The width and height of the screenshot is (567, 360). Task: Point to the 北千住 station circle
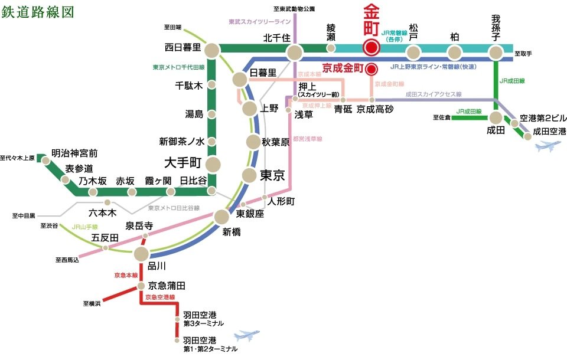click(x=295, y=53)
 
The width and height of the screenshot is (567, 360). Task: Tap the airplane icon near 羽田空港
click(x=247, y=336)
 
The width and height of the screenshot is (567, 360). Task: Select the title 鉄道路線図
click(x=34, y=11)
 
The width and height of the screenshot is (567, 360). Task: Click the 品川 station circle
click(x=141, y=254)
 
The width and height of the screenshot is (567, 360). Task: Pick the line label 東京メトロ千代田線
click(x=178, y=67)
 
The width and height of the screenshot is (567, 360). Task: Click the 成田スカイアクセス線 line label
click(x=434, y=94)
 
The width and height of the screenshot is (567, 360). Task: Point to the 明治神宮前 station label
click(x=74, y=153)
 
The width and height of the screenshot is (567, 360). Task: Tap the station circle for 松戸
click(x=413, y=53)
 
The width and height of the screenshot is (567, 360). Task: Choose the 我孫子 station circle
click(x=496, y=53)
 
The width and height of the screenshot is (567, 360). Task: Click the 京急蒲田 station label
click(x=167, y=286)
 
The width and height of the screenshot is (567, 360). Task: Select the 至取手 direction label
click(x=523, y=54)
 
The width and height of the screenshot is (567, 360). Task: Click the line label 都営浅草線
click(x=308, y=139)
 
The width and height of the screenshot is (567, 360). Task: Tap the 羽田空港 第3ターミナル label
click(x=203, y=320)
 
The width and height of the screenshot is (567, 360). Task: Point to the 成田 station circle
click(x=495, y=118)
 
